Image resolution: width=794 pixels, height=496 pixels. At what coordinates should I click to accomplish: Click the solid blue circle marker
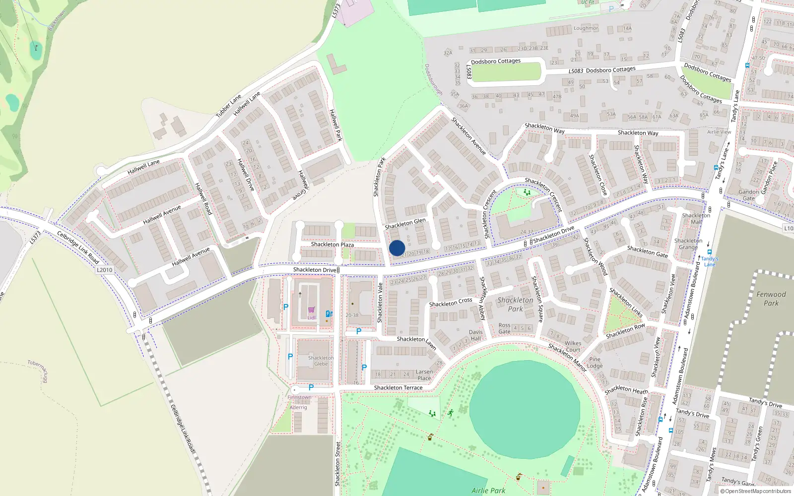pos(397,248)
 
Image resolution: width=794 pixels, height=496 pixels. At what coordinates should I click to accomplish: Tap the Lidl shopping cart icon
pos(311,310)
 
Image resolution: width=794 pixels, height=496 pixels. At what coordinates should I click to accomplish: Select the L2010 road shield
pos(104,270)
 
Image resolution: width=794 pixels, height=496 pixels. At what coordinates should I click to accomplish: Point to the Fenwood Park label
pos(771,299)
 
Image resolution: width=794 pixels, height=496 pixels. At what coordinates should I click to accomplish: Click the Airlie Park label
pos(488,491)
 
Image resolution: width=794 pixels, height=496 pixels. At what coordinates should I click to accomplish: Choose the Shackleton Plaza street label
pos(332,245)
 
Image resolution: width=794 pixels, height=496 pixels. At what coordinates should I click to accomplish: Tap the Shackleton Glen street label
pos(405,224)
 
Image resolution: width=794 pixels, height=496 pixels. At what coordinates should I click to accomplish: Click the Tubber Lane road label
pos(228,106)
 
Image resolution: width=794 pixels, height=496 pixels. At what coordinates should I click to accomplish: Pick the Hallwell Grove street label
pos(303,185)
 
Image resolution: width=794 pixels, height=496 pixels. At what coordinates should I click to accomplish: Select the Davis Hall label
pos(475,335)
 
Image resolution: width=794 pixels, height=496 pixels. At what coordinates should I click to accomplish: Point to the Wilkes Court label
pos(573,346)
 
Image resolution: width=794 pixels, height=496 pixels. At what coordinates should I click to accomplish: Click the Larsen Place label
pos(424,375)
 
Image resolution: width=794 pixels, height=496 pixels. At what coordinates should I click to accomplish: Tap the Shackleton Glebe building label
pos(321,361)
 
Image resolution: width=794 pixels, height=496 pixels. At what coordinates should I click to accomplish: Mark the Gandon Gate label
pos(748,195)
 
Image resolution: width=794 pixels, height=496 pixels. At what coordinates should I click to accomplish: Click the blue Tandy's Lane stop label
pos(710,261)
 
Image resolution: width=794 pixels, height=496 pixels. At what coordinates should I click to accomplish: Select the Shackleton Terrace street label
pos(398,388)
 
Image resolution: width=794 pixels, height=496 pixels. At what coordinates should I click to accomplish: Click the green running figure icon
pos(451,413)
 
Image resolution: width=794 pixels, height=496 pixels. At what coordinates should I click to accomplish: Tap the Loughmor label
pos(586,28)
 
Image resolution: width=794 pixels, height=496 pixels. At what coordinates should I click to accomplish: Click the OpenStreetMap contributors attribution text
pos(756,492)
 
